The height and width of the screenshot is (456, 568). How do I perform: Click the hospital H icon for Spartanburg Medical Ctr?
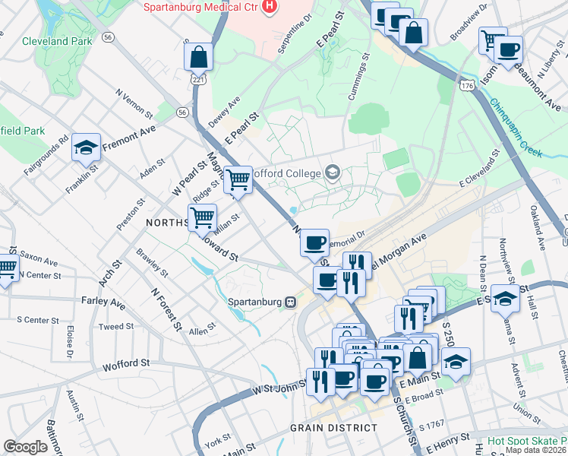coord(268,7)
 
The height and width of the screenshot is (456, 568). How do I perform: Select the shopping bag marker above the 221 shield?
coord(198,56)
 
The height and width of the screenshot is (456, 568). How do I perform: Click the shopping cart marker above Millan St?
coord(202,218)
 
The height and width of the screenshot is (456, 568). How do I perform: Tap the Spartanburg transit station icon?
coord(290,302)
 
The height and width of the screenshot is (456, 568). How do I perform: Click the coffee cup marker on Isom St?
coord(508,50)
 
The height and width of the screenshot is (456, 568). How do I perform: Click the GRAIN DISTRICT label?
coord(333,428)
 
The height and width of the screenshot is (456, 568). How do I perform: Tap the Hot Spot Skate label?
coord(527,441)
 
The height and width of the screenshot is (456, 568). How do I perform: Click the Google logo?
coord(26,446)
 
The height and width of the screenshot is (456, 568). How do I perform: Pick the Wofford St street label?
coord(125,364)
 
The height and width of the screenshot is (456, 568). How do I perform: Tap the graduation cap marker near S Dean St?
coord(506,299)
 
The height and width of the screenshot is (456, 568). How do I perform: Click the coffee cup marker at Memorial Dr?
coord(314,243)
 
